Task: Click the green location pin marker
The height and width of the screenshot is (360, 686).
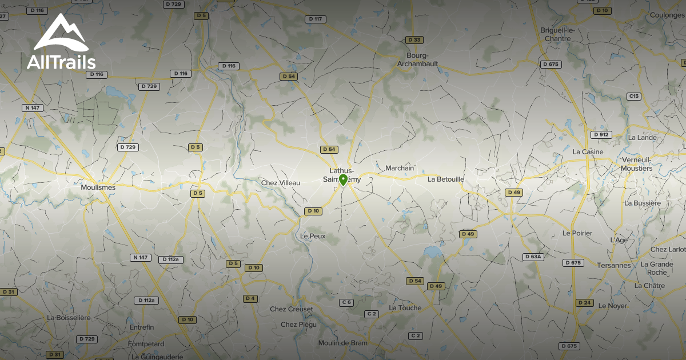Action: tap(343, 181)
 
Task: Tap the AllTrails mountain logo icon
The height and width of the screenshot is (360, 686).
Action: tap(60, 33)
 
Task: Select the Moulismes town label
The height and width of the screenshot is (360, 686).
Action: tap(98, 187)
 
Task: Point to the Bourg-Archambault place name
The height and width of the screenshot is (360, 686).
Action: tap(418, 59)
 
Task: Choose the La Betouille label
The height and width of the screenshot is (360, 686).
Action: tap(446, 179)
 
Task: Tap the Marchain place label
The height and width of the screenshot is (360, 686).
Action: tap(400, 168)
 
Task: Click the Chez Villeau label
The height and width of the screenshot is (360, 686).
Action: tap(280, 182)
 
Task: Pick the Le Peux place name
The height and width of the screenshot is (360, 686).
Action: tap(313, 235)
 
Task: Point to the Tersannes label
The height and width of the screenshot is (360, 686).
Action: tap(614, 265)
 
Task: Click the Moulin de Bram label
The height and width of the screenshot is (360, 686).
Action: tap(343, 343)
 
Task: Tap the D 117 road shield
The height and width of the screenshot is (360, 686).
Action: tap(316, 19)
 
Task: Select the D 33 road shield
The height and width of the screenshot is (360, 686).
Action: tap(414, 39)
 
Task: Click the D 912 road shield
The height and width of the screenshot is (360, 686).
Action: tap(601, 135)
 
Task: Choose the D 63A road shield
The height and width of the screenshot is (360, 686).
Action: tap(533, 257)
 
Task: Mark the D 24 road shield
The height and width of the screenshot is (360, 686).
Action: tap(584, 302)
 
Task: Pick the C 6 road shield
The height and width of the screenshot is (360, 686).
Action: tap(346, 302)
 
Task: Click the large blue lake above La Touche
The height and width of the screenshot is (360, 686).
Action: tap(433, 251)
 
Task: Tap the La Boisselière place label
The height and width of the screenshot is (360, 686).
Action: tap(69, 317)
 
